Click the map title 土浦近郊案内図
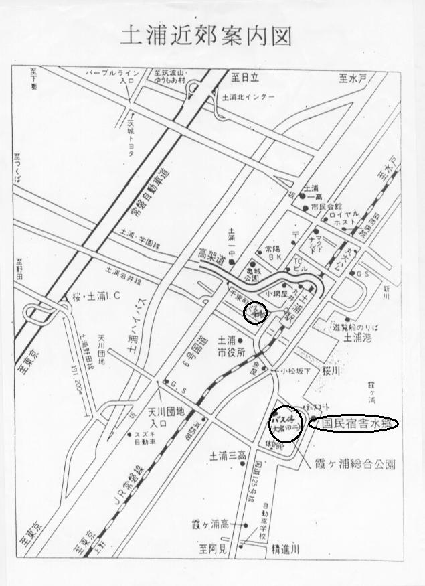(x=205, y=36)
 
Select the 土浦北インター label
(x=248, y=98)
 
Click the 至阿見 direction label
(x=212, y=548)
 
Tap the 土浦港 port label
(x=357, y=338)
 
